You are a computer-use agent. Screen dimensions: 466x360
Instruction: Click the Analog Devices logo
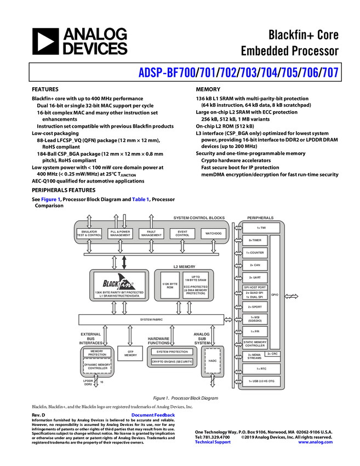pyautogui.click(x=80, y=41)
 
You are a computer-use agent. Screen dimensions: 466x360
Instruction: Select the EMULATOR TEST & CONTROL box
pyautogui.click(x=89, y=234)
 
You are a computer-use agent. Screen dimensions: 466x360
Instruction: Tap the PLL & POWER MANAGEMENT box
pyautogui.click(x=120, y=234)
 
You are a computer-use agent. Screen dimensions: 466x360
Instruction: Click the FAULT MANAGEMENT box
pyautogui.click(x=151, y=234)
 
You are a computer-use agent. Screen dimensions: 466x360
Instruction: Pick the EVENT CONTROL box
pyautogui.click(x=182, y=234)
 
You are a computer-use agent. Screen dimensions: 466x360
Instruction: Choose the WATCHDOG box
pyautogui.click(x=213, y=234)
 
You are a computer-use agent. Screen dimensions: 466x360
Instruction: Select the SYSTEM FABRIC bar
pyautogui.click(x=151, y=320)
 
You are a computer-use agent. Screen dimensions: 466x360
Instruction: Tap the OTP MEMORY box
pyautogui.click(x=130, y=354)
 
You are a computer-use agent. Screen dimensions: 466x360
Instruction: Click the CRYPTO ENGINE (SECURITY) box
pyautogui.click(x=173, y=362)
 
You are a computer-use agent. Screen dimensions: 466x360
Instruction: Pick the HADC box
pyautogui.click(x=213, y=361)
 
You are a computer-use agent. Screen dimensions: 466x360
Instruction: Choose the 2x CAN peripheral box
pyautogui.click(x=255, y=265)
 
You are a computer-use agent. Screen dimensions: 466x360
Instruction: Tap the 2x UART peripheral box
pyautogui.click(x=255, y=277)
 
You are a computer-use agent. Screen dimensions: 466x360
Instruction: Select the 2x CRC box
pyautogui.click(x=273, y=354)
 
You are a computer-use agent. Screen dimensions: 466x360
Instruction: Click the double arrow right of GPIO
pyautogui.click(x=292, y=297)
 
